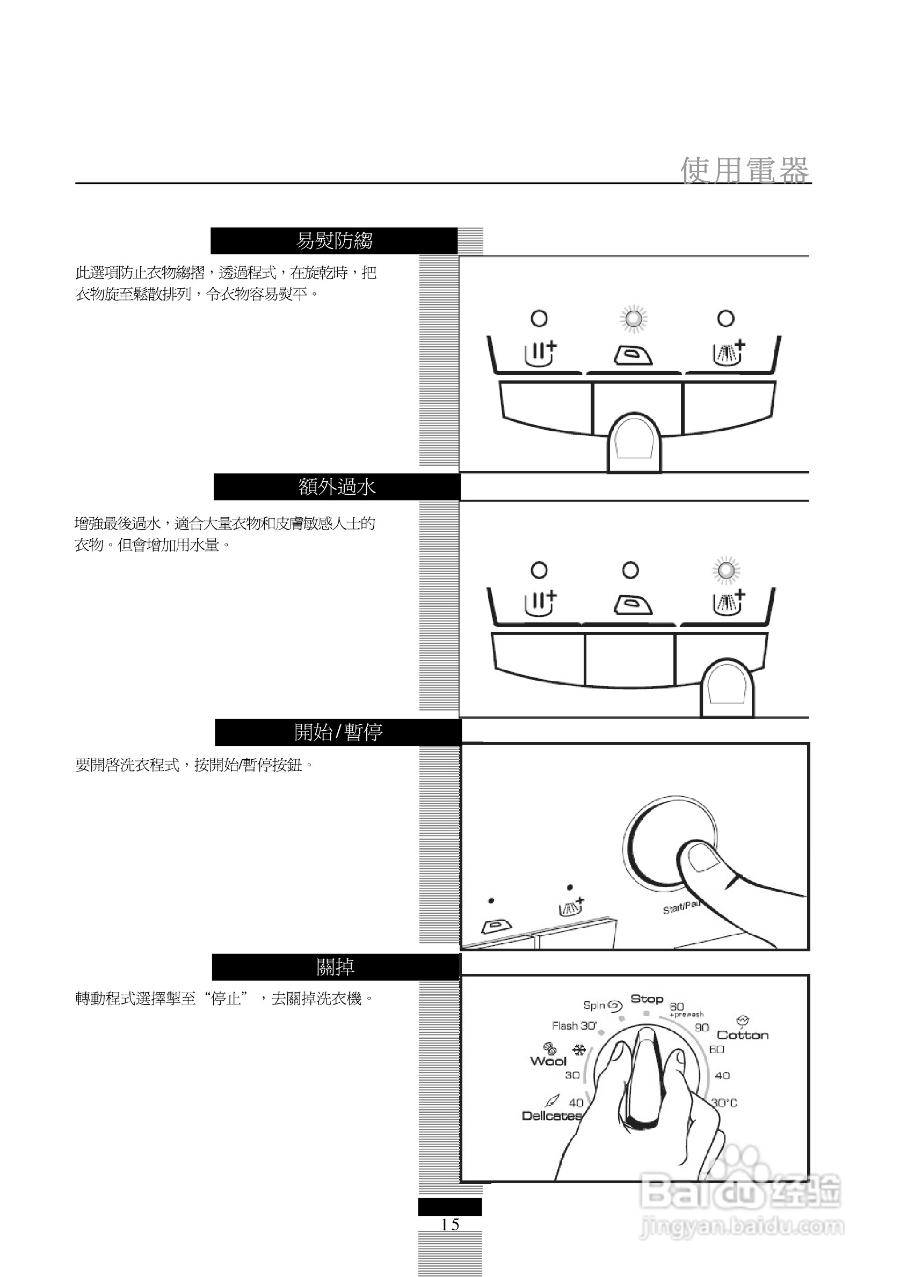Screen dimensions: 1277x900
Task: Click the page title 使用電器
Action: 744,170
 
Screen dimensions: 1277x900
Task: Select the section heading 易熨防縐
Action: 334,241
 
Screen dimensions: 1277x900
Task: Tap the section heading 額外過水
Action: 337,487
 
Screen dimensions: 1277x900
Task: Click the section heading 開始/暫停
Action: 338,732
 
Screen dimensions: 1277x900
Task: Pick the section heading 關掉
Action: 335,967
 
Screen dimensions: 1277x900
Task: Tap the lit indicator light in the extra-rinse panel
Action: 726,570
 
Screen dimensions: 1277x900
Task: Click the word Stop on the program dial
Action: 647,999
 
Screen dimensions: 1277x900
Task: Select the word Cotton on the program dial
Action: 743,1035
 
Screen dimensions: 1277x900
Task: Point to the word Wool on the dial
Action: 548,1061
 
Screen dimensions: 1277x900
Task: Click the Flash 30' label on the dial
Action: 574,1025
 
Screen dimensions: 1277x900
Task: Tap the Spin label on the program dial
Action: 594,1005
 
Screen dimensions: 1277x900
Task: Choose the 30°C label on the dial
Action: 724,1103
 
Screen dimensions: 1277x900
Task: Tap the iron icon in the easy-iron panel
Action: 633,355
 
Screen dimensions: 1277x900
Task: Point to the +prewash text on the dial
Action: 686,1015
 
